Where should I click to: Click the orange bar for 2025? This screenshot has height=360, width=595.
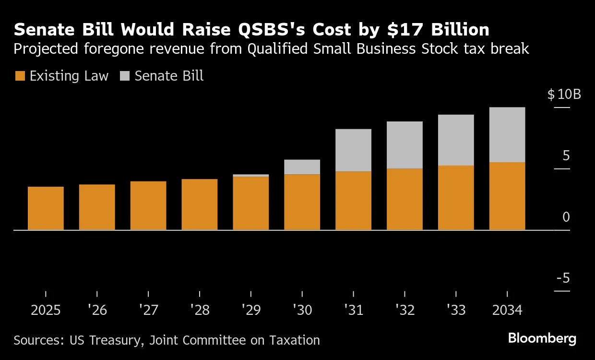coord(46,208)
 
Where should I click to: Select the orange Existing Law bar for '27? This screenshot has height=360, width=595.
coord(148,205)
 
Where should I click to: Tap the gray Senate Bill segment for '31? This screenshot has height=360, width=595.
coord(354,150)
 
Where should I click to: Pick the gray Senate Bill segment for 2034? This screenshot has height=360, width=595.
coord(507,135)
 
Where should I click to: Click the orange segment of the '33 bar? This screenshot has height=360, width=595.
coord(456,198)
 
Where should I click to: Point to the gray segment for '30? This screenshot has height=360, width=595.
coord(302,167)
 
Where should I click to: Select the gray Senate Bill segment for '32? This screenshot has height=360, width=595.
coord(405,145)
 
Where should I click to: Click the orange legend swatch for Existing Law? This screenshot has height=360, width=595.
coord(20,76)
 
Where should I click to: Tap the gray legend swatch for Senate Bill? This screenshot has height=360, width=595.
coord(125,76)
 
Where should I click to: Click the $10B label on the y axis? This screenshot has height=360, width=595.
coord(564,94)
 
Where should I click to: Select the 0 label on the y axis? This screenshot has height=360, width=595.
coord(566,217)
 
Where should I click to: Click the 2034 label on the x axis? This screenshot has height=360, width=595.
coord(507,311)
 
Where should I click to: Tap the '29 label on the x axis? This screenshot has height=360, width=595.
coord(251,311)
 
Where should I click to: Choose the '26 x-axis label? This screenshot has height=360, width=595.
coord(97,311)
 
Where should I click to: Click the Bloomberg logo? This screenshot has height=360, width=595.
coord(542,338)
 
